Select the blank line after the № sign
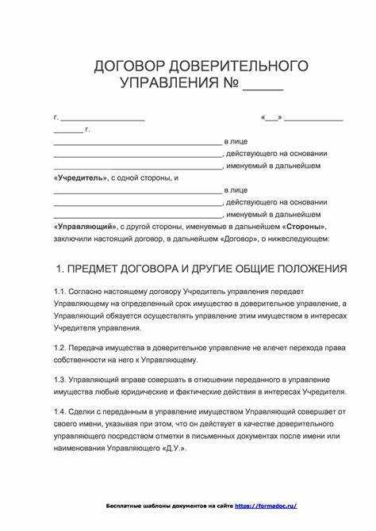(263, 84)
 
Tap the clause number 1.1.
(62, 292)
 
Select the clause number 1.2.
(62, 347)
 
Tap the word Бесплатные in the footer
(126, 505)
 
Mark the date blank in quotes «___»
(271, 117)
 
